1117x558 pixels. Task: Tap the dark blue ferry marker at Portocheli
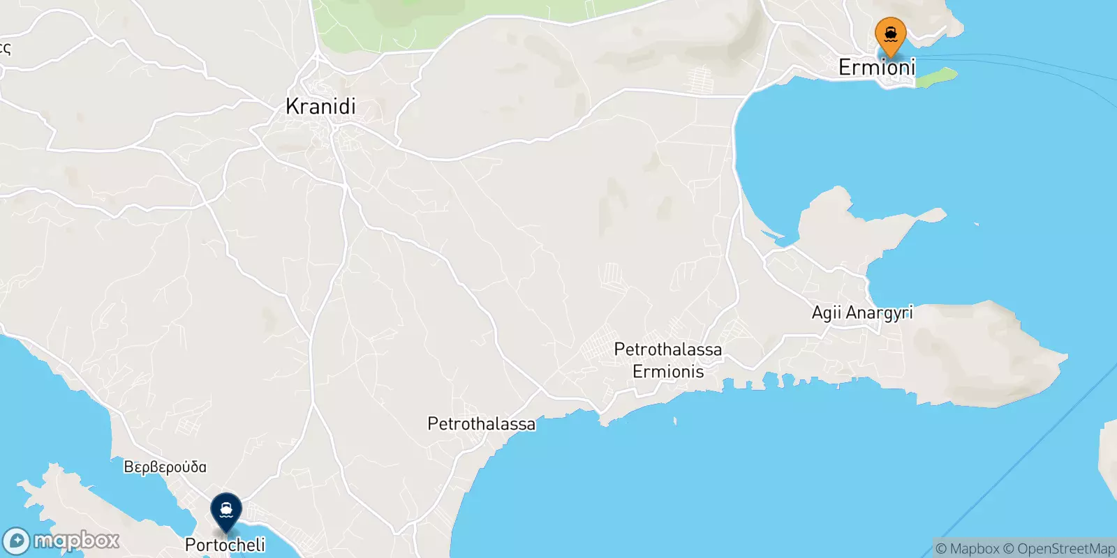click(226, 512)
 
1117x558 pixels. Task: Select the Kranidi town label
click(320, 106)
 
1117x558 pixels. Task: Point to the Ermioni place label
click(877, 68)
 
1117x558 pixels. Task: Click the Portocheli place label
click(225, 545)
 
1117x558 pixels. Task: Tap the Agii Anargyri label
click(862, 312)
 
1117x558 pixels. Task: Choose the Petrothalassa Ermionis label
click(668, 360)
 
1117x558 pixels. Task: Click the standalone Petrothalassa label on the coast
click(481, 423)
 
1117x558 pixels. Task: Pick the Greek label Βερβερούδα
click(165, 467)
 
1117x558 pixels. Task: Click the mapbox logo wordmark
click(76, 541)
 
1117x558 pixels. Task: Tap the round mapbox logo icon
click(16, 541)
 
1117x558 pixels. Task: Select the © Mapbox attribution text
click(967, 549)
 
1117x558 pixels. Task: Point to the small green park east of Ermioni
click(936, 77)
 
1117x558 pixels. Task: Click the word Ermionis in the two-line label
click(668, 371)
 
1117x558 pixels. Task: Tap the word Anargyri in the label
click(878, 312)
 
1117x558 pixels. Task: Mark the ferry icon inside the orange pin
click(891, 33)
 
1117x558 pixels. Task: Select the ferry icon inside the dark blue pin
click(226, 508)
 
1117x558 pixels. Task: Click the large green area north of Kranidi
click(447, 17)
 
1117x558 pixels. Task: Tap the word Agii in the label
click(826, 312)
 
